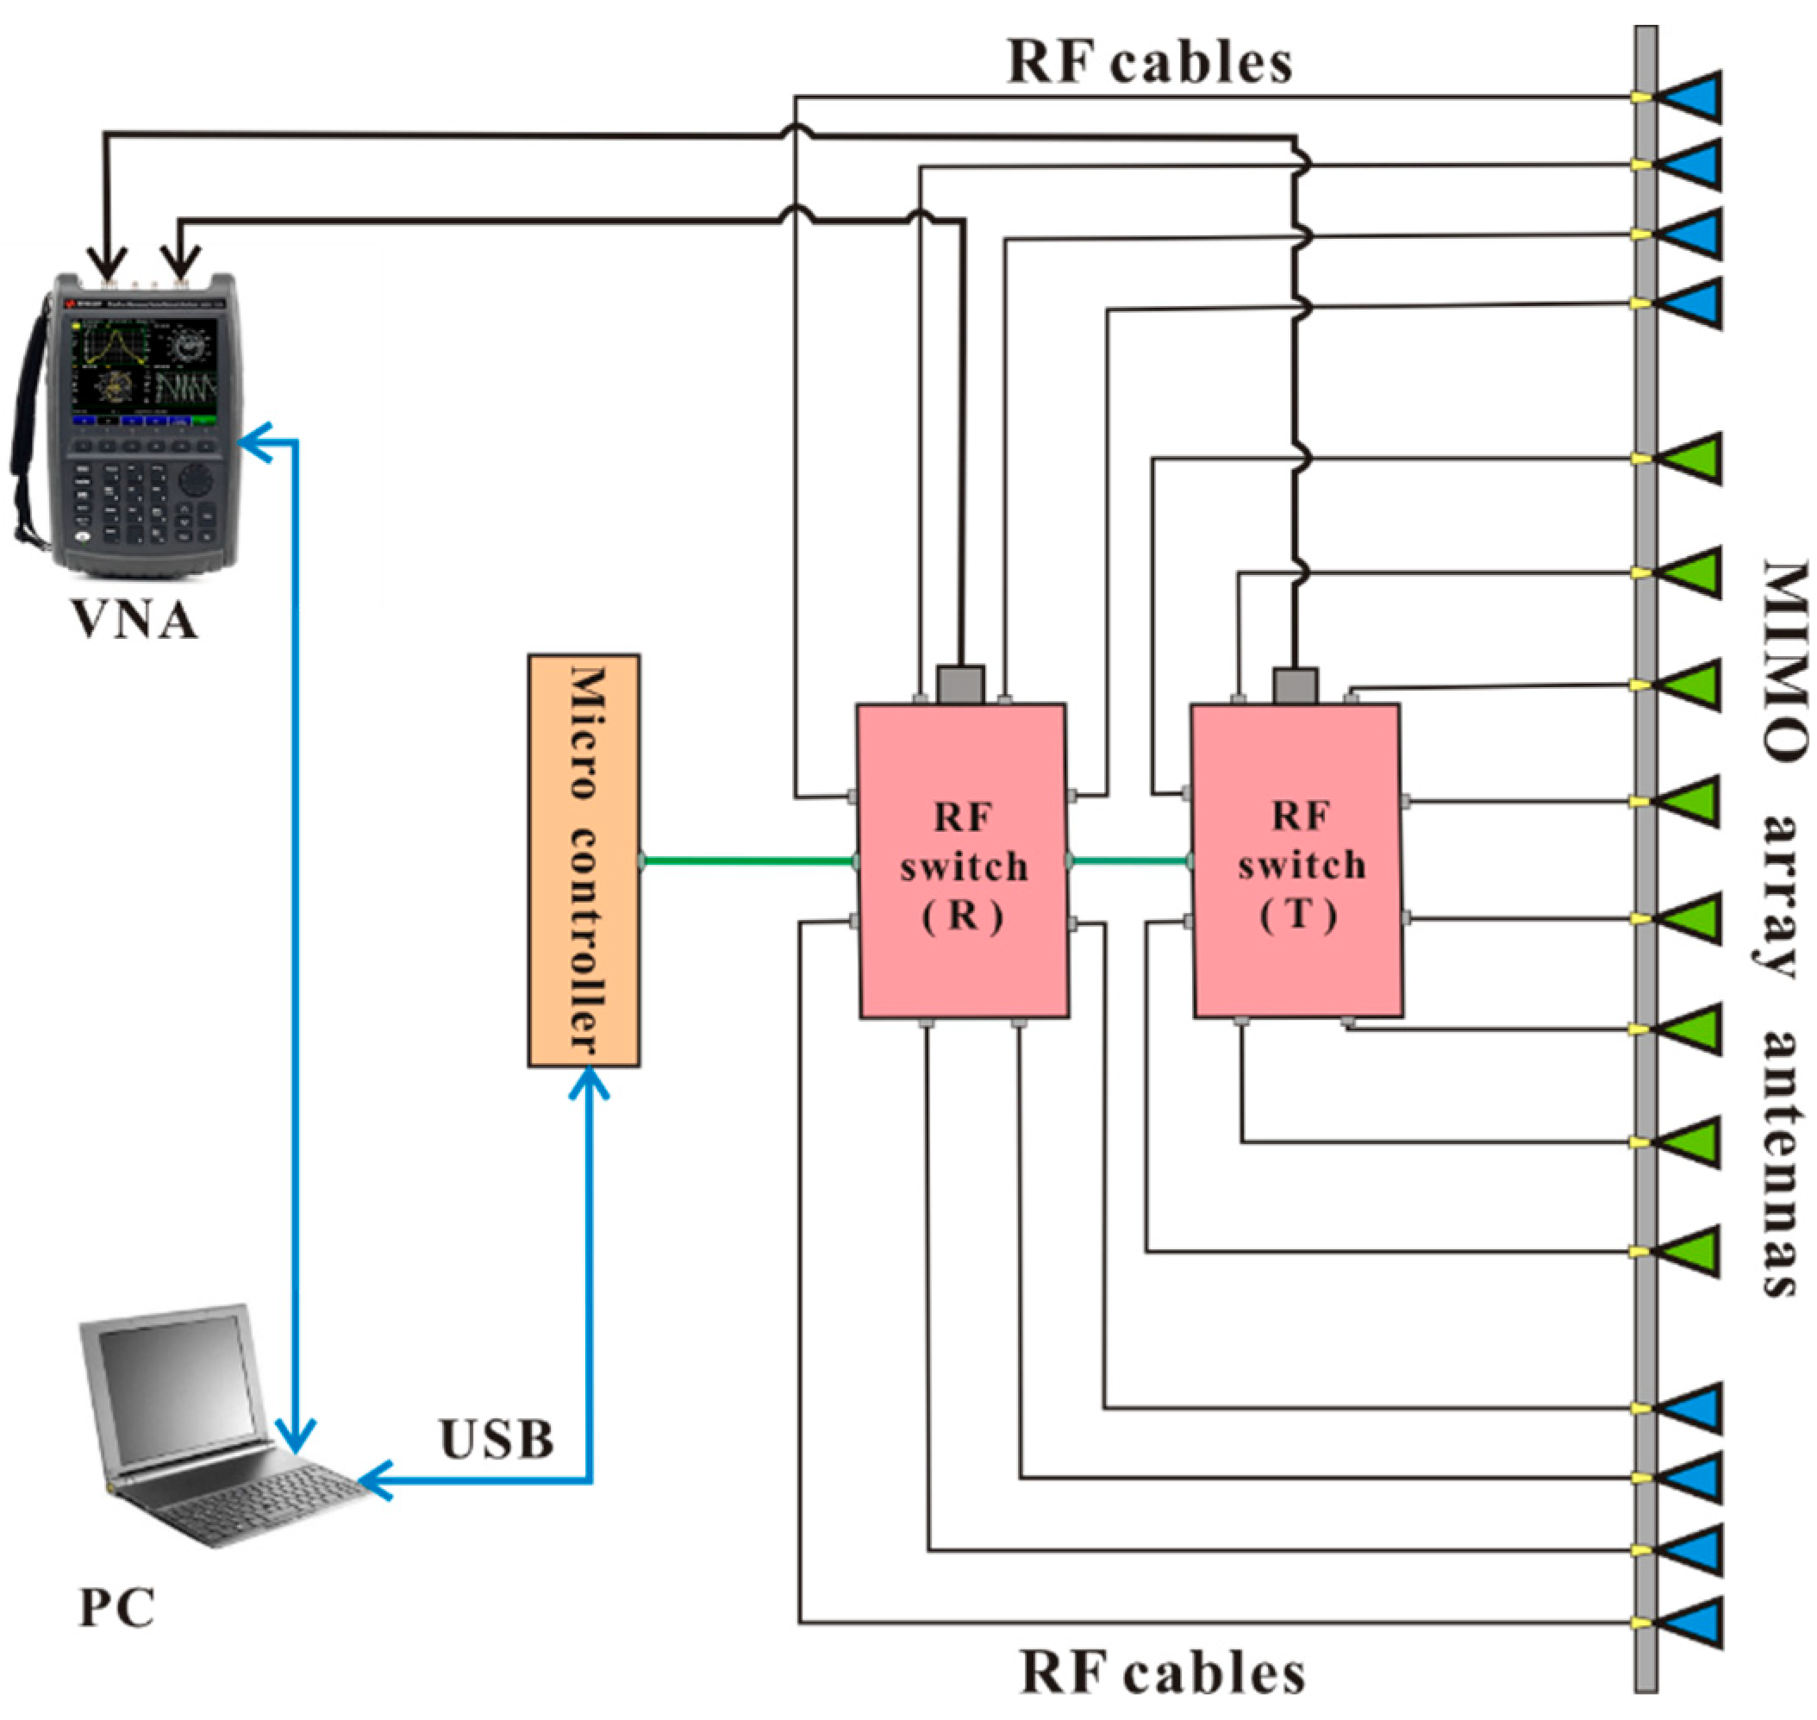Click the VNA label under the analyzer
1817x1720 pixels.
[134, 621]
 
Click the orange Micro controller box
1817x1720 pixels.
[583, 860]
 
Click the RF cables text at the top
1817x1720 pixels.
[1150, 62]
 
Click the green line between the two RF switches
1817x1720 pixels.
[1129, 861]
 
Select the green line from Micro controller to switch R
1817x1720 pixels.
[747, 861]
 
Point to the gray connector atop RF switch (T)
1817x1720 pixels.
[1296, 685]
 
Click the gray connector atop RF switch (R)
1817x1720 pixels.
[961, 684]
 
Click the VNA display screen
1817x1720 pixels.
[143, 362]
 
